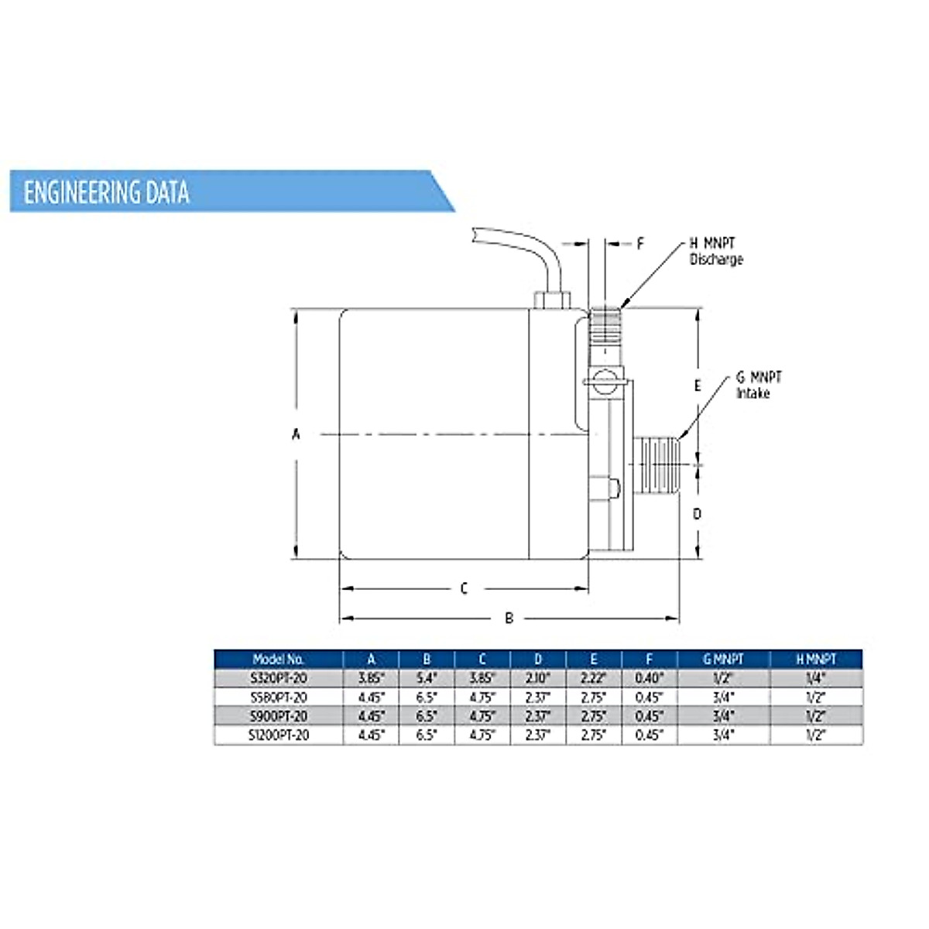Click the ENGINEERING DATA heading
107,192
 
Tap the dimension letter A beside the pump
296,434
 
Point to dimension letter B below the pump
509,618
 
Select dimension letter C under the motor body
464,588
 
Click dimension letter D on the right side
697,514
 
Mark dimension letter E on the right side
697,386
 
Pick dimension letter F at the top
640,243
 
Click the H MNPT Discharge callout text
715,251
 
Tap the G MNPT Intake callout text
759,385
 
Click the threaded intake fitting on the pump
656,464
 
